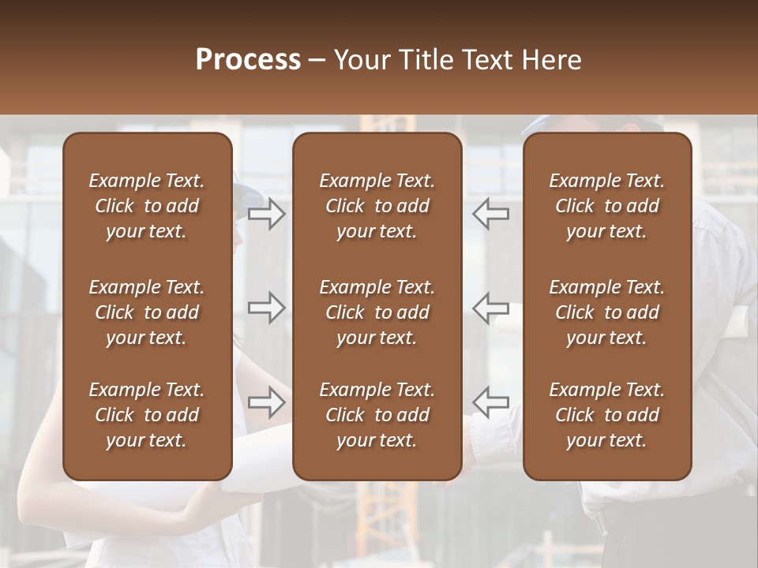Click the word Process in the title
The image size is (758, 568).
(x=248, y=60)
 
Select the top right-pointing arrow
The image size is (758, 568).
(x=267, y=214)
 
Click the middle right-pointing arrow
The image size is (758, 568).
(x=267, y=308)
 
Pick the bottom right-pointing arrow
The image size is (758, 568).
(x=267, y=402)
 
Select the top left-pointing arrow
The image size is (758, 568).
(x=491, y=214)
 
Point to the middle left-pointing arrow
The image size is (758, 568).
(x=491, y=308)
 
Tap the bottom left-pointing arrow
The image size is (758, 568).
(x=491, y=402)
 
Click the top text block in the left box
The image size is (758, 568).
(x=147, y=206)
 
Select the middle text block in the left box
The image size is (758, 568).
(x=147, y=312)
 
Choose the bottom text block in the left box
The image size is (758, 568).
(x=147, y=415)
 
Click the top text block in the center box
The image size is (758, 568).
(x=377, y=206)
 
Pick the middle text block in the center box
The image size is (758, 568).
(x=377, y=312)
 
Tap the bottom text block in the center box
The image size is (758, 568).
(x=377, y=415)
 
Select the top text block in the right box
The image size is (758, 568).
(x=607, y=206)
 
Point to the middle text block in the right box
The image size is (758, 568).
(x=607, y=312)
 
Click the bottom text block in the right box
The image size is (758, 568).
(x=607, y=415)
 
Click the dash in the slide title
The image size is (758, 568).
(x=317, y=61)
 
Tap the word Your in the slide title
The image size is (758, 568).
(x=362, y=60)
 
